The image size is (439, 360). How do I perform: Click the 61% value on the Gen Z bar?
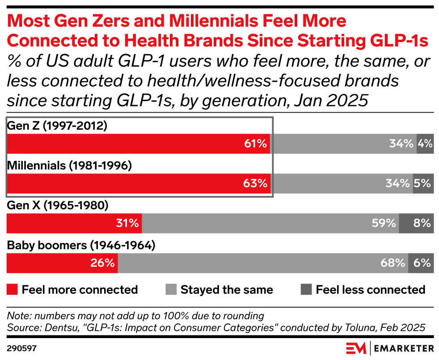tap(255, 144)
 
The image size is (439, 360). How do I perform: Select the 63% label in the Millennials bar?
tap(255, 183)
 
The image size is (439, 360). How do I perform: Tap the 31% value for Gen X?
tap(127, 223)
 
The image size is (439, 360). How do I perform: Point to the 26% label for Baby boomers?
tap(103, 263)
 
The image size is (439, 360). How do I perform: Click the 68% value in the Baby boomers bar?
tap(393, 263)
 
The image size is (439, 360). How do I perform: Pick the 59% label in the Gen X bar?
tap(384, 223)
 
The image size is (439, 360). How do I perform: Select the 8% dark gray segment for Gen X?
tap(417, 223)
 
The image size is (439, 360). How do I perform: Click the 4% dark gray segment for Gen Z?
tap(425, 144)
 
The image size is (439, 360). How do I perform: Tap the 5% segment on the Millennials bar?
tap(423, 183)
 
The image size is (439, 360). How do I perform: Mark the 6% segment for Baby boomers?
tap(421, 263)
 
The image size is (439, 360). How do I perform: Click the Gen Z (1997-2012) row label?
tap(57, 126)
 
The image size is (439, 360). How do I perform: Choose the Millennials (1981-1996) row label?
tap(69, 166)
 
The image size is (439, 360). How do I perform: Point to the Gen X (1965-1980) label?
tap(58, 206)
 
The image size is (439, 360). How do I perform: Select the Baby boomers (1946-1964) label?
tap(81, 246)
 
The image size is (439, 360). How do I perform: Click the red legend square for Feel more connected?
tap(13, 289)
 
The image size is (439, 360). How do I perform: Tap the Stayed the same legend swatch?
tap(171, 289)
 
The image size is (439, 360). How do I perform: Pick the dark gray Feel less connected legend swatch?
tap(306, 289)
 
